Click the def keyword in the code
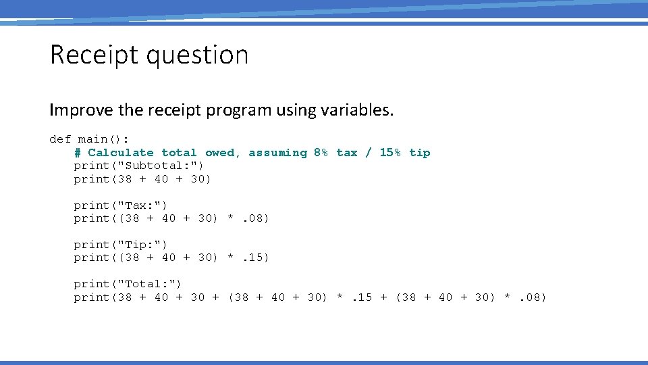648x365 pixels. [x=60, y=139]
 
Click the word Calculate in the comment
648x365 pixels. [x=120, y=153]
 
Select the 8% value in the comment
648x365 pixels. [x=321, y=153]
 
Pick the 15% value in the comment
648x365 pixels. [x=390, y=153]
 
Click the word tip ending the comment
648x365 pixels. [x=419, y=153]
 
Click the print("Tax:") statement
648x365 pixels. [x=121, y=205]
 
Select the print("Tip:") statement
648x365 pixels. [x=121, y=245]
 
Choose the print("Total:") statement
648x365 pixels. [x=128, y=284]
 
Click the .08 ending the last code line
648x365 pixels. [x=533, y=297]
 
